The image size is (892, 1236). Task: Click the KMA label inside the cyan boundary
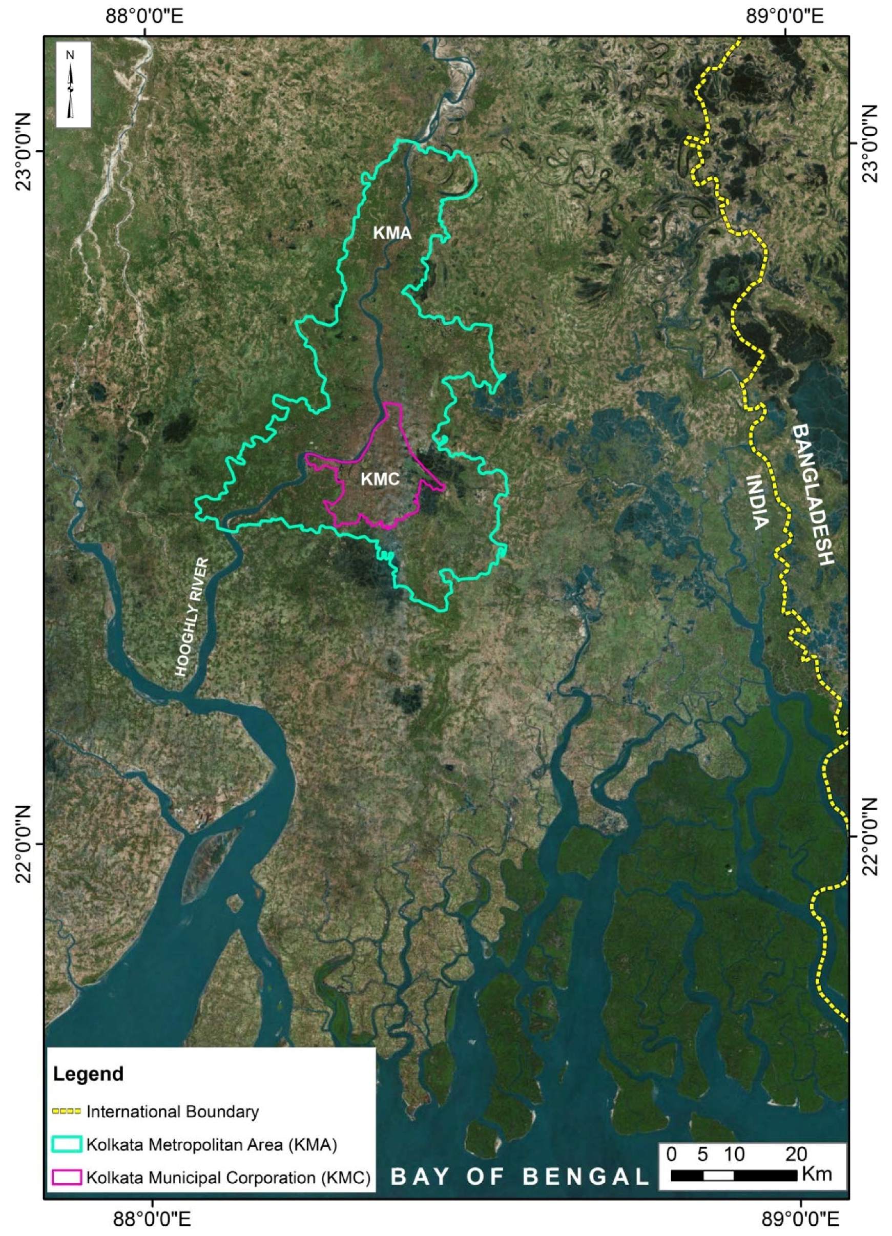coord(391,233)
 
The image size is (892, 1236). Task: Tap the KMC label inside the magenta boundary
coord(380,479)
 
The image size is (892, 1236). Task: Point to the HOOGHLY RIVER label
coord(192,617)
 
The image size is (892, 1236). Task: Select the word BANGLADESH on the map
coord(813,494)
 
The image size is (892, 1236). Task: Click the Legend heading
coord(88,1074)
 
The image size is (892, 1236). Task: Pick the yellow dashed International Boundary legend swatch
coord(66,1111)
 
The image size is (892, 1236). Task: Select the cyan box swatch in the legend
coord(66,1144)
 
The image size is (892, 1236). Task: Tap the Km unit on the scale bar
coord(817,1173)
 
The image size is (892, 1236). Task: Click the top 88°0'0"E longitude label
coord(144,16)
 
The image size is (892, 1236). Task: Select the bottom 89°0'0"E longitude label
coord(800,1219)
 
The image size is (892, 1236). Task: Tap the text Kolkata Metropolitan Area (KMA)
coord(212,1144)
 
